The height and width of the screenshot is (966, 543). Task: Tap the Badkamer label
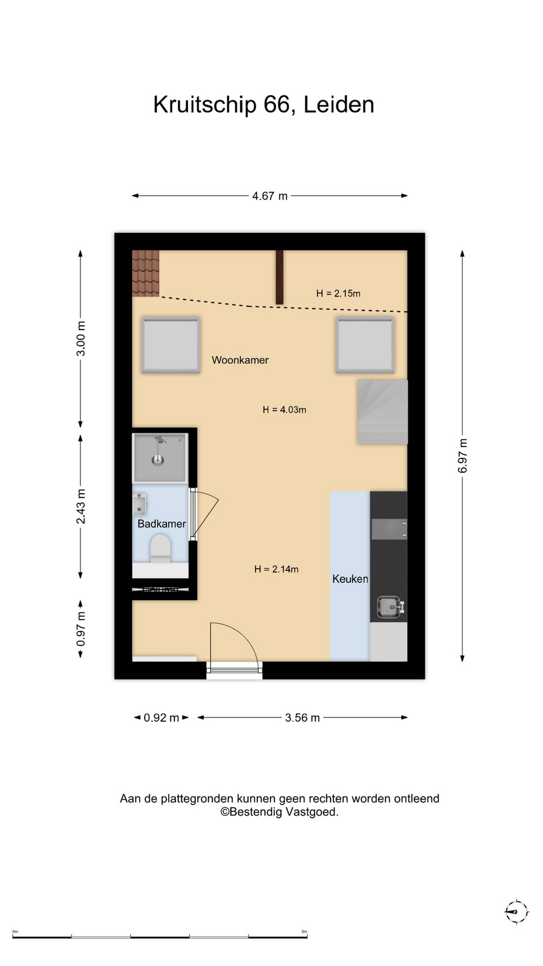tap(161, 524)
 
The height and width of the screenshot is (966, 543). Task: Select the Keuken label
tap(350, 579)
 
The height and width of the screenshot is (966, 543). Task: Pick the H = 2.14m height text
tap(276, 569)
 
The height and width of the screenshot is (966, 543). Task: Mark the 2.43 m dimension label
tap(81, 506)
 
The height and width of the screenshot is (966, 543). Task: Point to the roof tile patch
tap(146, 273)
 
